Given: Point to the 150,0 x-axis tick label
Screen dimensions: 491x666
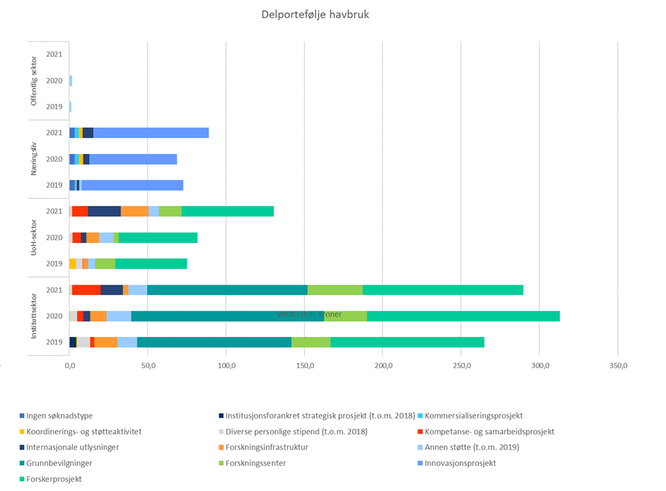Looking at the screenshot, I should pyautogui.click(x=304, y=365).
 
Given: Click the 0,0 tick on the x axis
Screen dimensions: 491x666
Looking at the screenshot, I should pyautogui.click(x=70, y=365).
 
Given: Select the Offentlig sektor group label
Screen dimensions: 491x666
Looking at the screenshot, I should pyautogui.click(x=35, y=80).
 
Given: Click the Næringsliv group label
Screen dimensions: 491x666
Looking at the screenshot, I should pyautogui.click(x=35, y=159).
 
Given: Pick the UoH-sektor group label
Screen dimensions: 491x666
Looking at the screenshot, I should pyautogui.click(x=35, y=237).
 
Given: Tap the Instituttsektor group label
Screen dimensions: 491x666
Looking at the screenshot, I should pyautogui.click(x=35, y=316).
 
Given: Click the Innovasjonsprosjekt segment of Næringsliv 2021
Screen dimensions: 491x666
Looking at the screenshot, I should pyautogui.click(x=150, y=133).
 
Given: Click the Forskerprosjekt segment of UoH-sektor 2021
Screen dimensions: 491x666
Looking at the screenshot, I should pyautogui.click(x=228, y=211).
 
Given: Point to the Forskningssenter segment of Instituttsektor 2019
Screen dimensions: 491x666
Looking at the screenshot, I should pyautogui.click(x=311, y=342).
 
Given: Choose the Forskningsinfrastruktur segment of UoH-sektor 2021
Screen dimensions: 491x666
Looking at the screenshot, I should pyautogui.click(x=135, y=211).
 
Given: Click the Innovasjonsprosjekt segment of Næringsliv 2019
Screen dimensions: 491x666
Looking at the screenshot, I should pyautogui.click(x=132, y=185).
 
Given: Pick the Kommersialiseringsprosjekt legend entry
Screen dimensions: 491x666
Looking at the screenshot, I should pyautogui.click(x=473, y=416).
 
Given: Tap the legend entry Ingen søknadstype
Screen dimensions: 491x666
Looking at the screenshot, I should pyautogui.click(x=59, y=416).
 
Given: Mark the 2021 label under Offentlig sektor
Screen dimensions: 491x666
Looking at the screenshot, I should pyautogui.click(x=55, y=54).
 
